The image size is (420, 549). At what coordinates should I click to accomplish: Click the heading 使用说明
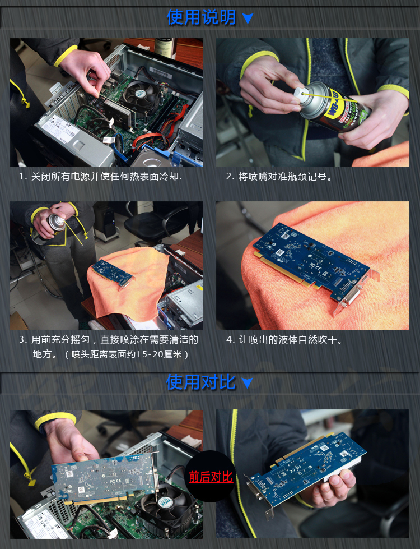click(x=201, y=17)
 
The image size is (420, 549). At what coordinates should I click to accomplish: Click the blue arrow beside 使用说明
click(x=248, y=19)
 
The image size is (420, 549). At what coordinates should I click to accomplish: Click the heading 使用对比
click(x=200, y=382)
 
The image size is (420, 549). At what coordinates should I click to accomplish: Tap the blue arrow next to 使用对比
click(x=247, y=383)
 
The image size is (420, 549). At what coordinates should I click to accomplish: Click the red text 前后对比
click(x=211, y=477)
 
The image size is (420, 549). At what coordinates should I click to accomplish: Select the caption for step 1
click(x=100, y=177)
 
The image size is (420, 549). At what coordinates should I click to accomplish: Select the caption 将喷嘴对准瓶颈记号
click(x=279, y=177)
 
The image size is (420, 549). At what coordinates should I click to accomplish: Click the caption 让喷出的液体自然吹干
click(x=284, y=340)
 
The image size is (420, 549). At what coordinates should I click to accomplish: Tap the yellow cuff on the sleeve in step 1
click(x=65, y=56)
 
